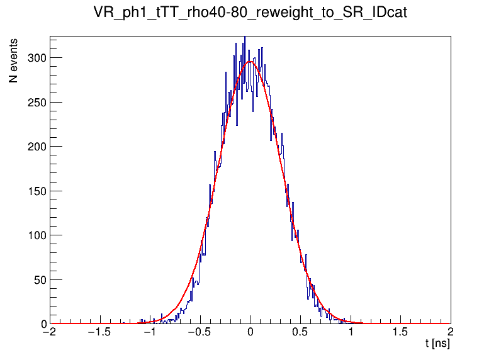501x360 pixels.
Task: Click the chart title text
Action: click(x=250, y=13)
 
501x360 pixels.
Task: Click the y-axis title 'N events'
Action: click(x=13, y=61)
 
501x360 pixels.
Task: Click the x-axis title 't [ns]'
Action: click(x=437, y=344)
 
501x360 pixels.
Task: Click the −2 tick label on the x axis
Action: click(x=49, y=333)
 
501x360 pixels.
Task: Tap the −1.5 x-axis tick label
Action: click(x=99, y=333)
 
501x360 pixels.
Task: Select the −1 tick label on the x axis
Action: click(x=149, y=333)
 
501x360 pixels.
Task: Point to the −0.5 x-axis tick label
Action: click(x=200, y=333)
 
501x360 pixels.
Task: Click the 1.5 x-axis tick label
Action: click(x=400, y=333)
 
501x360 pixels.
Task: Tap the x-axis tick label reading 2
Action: click(x=450, y=333)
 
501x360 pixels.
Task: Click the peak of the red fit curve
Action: click(x=250, y=62)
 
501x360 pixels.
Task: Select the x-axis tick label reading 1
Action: click(x=351, y=333)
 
